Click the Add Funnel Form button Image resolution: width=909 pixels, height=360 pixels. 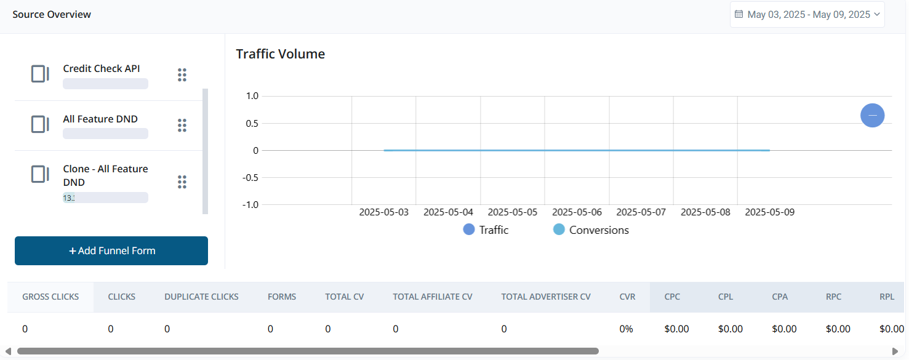point(111,250)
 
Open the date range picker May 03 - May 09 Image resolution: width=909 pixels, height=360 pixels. point(807,15)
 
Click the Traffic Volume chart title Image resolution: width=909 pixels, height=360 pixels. point(280,54)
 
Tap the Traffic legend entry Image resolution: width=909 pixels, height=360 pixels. point(486,230)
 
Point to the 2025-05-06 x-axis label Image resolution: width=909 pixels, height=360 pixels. point(577,212)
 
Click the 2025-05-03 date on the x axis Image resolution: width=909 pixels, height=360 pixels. point(383,212)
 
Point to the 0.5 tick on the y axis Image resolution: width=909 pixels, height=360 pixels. point(252,124)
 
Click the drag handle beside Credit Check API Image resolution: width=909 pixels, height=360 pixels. point(182,74)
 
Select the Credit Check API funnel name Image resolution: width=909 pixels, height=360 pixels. point(102,69)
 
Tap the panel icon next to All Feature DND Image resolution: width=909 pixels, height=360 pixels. point(40,124)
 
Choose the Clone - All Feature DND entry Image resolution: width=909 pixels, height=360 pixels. point(105,175)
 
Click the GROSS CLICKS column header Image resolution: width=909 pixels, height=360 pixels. point(50,297)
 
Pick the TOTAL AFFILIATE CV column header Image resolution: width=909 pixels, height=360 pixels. point(433,297)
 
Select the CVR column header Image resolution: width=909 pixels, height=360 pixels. point(627,297)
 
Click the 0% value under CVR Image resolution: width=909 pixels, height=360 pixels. point(626,329)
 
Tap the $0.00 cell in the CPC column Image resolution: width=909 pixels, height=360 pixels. point(676,329)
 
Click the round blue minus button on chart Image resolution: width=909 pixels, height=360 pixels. point(872,115)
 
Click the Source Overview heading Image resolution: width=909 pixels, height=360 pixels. point(52,14)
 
